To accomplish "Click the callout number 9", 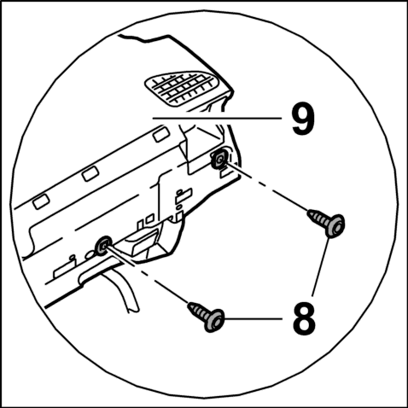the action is coord(304,119).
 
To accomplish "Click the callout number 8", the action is coord(304,318).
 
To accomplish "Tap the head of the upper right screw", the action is coord(335,226).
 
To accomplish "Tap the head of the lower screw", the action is coord(214,320).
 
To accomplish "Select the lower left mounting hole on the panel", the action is coord(102,245).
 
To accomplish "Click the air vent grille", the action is coord(182,89).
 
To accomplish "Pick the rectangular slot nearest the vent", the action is coord(161,134).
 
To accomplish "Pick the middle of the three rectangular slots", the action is coord(90,173).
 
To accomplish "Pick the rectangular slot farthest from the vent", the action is coord(41,201).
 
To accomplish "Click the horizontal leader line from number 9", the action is coord(217,118).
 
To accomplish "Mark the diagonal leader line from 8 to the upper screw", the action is coord(321,266).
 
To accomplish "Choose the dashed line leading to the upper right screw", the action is coord(267,188).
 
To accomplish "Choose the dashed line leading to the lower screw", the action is coord(148,276).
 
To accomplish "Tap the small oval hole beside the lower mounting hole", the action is coord(90,254).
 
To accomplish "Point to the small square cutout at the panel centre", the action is coord(150,219).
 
